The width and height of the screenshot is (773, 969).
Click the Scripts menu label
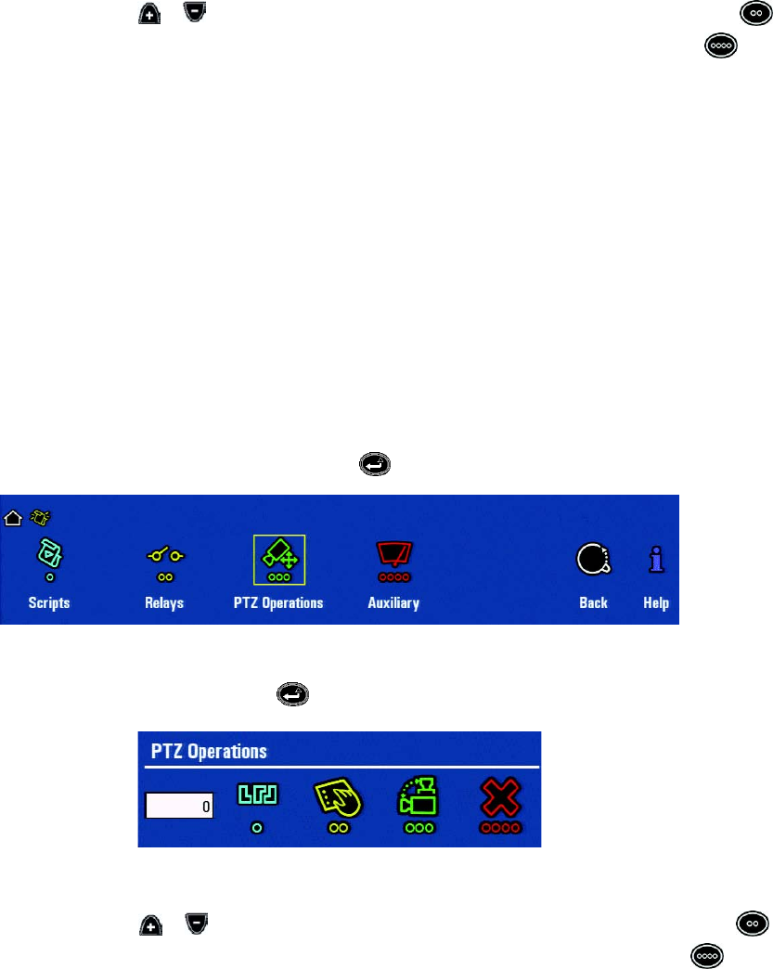tap(48, 602)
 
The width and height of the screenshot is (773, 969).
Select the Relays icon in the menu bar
tap(164, 555)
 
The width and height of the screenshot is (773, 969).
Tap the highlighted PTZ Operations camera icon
tap(278, 555)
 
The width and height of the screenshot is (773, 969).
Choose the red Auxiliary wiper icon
tap(393, 554)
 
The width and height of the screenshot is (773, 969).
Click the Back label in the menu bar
tap(593, 602)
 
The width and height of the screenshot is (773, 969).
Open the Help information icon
tap(656, 558)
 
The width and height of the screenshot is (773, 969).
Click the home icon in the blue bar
tap(13, 518)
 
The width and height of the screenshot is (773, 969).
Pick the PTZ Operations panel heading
tap(209, 751)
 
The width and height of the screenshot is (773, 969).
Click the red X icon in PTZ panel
tap(500, 798)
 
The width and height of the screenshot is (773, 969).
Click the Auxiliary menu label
tap(393, 602)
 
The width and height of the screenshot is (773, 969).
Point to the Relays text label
tap(164, 602)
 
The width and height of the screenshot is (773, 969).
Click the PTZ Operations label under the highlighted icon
tap(278, 602)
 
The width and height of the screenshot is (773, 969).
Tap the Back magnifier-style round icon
tap(592, 558)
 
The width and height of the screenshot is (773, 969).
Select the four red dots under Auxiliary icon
tap(393, 577)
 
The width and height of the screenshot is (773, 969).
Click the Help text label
tap(656, 602)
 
